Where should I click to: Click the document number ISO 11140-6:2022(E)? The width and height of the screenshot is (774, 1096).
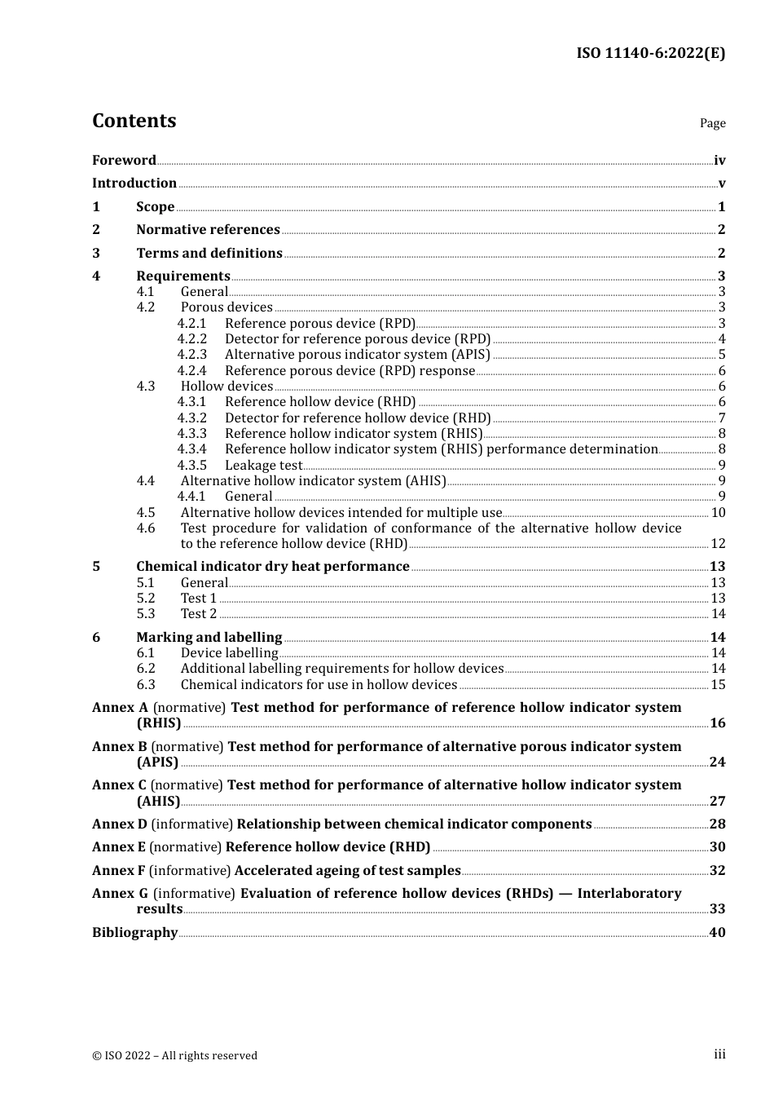pyautogui.click(x=650, y=53)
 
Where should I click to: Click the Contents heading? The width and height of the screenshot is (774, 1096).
pyautogui.click(x=134, y=121)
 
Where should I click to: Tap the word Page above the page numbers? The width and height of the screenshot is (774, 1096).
pyautogui.click(x=712, y=123)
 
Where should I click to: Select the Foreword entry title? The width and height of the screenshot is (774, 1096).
pyautogui.click(x=124, y=161)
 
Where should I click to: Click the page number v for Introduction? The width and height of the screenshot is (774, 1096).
pyautogui.click(x=721, y=183)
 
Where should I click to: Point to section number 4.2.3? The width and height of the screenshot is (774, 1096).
pyautogui.click(x=192, y=355)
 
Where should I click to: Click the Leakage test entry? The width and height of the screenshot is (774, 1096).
pyautogui.click(x=263, y=466)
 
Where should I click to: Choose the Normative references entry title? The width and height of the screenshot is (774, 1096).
pyautogui.click(x=208, y=230)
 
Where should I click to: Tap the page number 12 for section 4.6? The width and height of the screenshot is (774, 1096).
pyautogui.click(x=718, y=544)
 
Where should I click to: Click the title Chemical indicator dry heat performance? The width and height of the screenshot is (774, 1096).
pyautogui.click(x=272, y=567)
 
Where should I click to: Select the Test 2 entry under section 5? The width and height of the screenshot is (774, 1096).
pyautogui.click(x=199, y=614)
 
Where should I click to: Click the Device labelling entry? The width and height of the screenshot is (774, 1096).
pyautogui.click(x=229, y=653)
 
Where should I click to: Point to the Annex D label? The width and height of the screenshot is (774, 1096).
pyautogui.click(x=120, y=824)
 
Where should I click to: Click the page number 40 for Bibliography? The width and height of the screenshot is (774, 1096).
pyautogui.click(x=717, y=933)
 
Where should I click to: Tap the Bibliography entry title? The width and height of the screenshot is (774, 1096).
pyautogui.click(x=134, y=933)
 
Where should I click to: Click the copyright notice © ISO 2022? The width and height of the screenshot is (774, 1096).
pyautogui.click(x=174, y=1056)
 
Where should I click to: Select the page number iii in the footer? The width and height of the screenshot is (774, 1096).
pyautogui.click(x=719, y=1054)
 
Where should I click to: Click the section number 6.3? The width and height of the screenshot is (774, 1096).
pyautogui.click(x=146, y=685)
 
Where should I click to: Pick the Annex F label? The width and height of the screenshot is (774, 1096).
pyautogui.click(x=119, y=871)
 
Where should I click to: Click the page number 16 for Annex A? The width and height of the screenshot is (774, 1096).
pyautogui.click(x=717, y=723)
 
